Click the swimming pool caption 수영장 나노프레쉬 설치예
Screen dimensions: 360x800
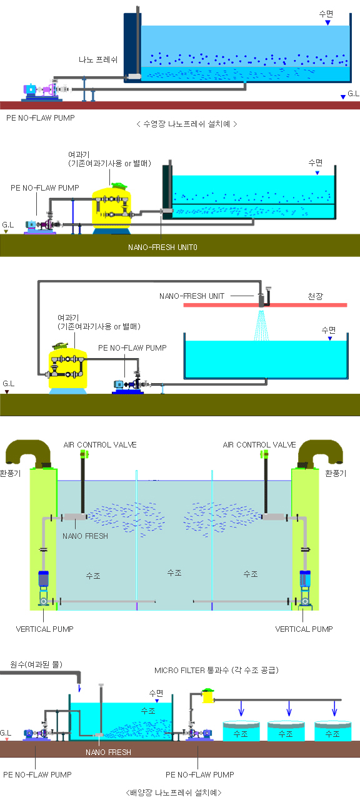[x=186, y=124]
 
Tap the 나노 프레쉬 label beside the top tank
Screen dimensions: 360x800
[x=98, y=59]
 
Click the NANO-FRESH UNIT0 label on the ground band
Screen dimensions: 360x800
[x=162, y=247]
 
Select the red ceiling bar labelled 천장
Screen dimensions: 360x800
[x=265, y=305]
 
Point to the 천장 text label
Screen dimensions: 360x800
[x=316, y=296]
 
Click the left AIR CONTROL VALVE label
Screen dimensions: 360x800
[x=100, y=444]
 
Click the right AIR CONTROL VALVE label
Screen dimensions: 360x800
[x=259, y=444]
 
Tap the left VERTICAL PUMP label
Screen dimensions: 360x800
[x=44, y=629]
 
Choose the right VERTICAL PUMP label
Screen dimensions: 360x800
[x=304, y=629]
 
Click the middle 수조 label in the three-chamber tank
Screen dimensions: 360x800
[x=174, y=572]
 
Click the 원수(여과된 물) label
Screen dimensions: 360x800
[x=36, y=664]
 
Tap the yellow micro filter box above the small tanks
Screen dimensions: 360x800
[x=208, y=696]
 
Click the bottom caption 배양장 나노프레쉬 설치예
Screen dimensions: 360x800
[x=174, y=792]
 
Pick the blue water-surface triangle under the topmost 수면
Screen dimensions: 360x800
[x=327, y=22]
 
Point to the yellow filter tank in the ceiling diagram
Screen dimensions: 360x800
[x=68, y=368]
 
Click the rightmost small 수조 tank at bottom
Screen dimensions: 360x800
[x=333, y=731]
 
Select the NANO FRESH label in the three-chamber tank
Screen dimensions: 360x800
[x=85, y=536]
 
